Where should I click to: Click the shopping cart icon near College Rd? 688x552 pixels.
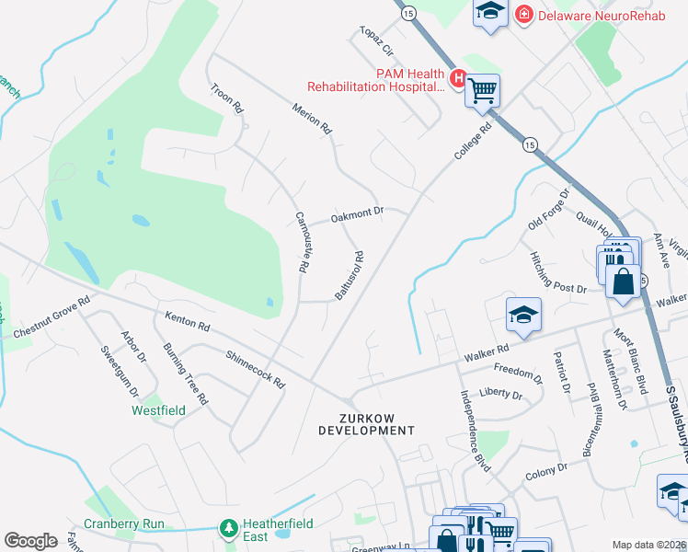click(482, 90)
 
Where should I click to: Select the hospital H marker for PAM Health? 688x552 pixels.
click(458, 77)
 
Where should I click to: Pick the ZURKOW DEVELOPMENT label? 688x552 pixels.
click(367, 424)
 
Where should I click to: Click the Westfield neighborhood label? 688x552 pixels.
click(158, 409)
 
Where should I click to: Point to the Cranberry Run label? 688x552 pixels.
click(123, 523)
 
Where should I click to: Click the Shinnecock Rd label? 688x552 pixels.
click(255, 366)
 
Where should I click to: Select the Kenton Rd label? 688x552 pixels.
click(188, 321)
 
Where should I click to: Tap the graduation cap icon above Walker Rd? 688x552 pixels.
click(522, 314)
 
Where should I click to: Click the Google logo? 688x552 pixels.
click(30, 541)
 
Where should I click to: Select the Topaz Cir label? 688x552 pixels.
click(376, 41)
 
